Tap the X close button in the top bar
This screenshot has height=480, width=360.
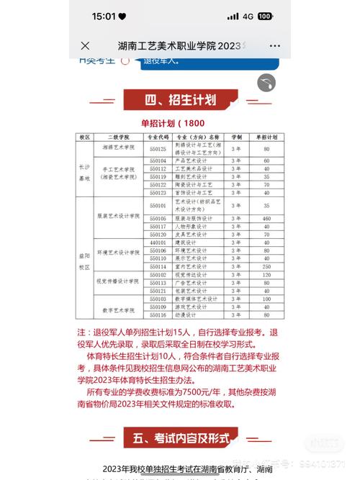coord(86,45)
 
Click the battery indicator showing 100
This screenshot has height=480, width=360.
coord(264,16)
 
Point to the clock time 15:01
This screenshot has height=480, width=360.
coord(104,16)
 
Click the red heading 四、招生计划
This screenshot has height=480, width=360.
coord(180,99)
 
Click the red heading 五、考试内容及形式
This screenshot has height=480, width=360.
coord(180,437)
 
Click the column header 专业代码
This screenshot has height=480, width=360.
coord(158,136)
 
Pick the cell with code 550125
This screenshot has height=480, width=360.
coord(158,148)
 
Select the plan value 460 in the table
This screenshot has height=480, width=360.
coord(266,218)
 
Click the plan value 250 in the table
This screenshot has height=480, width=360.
coord(266,266)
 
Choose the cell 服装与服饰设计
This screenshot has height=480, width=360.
coord(195,218)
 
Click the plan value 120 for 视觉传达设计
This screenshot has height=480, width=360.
coord(266,274)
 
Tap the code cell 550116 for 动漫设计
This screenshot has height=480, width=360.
coord(158,314)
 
